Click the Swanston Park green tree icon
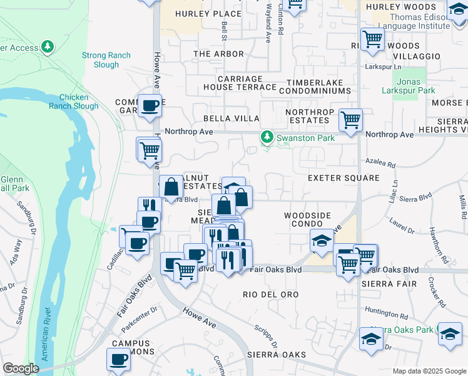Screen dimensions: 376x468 pyautogui.click(x=267, y=137)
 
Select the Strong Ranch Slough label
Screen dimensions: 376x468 pyautogui.click(x=106, y=60)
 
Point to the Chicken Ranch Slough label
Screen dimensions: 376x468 pyautogui.click(x=79, y=102)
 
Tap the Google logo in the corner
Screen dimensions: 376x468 pyautogui.click(x=21, y=368)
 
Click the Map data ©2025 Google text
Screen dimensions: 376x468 pyautogui.click(x=429, y=371)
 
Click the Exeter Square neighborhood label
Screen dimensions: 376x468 pyautogui.click(x=343, y=178)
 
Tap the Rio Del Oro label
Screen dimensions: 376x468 pyautogui.click(x=270, y=294)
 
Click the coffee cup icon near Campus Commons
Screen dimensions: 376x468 pyautogui.click(x=118, y=359)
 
